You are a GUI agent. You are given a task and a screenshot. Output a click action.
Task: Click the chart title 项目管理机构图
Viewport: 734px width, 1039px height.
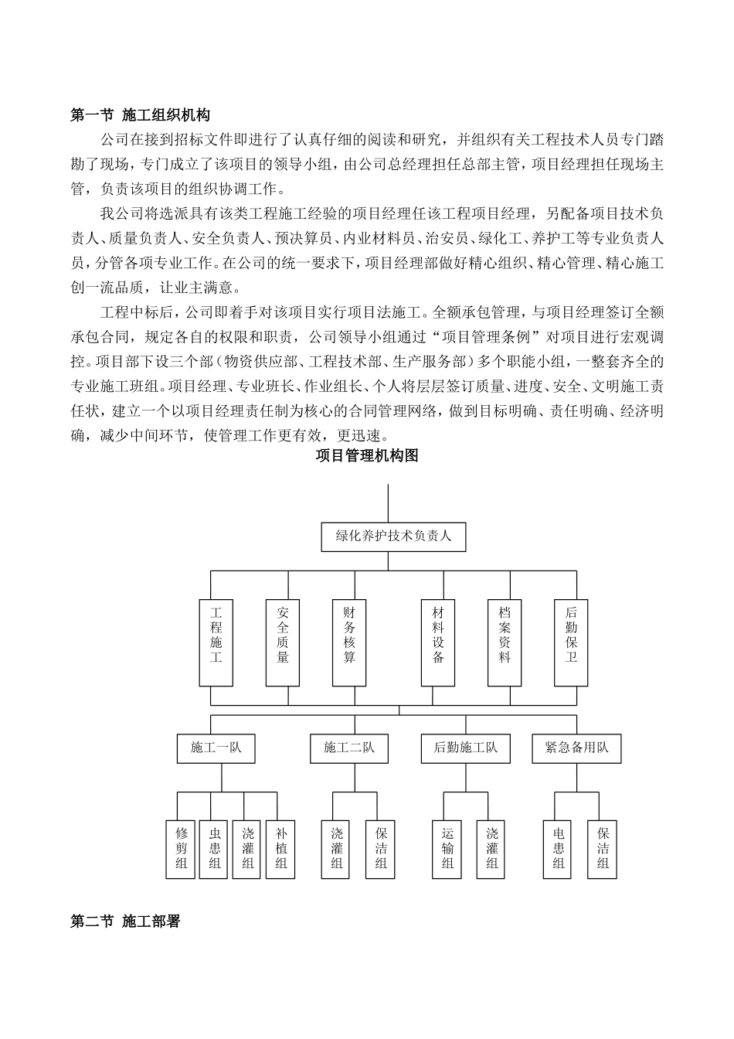click(367, 456)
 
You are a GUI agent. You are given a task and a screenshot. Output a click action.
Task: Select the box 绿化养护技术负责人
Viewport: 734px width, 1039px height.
click(393, 535)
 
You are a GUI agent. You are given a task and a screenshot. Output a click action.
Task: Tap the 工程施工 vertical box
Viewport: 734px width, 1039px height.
click(216, 642)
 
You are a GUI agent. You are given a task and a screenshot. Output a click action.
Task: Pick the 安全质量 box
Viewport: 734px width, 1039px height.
click(283, 642)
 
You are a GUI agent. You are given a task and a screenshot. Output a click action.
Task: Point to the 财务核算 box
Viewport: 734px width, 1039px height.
click(349, 642)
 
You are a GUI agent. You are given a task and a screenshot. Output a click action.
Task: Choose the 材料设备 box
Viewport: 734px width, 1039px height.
click(438, 642)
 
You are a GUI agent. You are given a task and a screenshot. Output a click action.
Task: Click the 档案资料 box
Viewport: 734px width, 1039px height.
click(505, 642)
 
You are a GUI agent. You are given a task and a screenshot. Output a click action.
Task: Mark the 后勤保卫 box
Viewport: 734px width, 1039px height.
click(571, 642)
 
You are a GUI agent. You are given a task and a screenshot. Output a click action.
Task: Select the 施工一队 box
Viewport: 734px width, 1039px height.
click(216, 748)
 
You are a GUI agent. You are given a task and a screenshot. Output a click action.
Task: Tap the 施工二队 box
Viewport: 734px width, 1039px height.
click(348, 748)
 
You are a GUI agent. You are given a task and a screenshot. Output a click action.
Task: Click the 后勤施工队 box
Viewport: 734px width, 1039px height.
click(466, 748)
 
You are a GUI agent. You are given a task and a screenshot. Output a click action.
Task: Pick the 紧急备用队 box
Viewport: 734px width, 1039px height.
click(576, 748)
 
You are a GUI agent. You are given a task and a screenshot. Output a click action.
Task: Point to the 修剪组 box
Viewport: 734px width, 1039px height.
click(182, 848)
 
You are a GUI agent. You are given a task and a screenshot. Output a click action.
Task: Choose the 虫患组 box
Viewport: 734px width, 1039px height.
click(215, 848)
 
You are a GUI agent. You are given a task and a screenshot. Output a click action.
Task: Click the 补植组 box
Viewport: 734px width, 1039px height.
click(281, 848)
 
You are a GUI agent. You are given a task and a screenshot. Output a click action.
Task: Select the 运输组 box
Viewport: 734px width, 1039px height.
click(448, 848)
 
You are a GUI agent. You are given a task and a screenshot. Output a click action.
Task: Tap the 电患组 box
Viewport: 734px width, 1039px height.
click(559, 848)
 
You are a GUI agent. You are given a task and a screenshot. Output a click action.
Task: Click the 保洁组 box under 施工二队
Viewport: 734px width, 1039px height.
click(381, 848)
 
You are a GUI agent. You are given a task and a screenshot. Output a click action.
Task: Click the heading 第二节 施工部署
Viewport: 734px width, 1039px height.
click(125, 921)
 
